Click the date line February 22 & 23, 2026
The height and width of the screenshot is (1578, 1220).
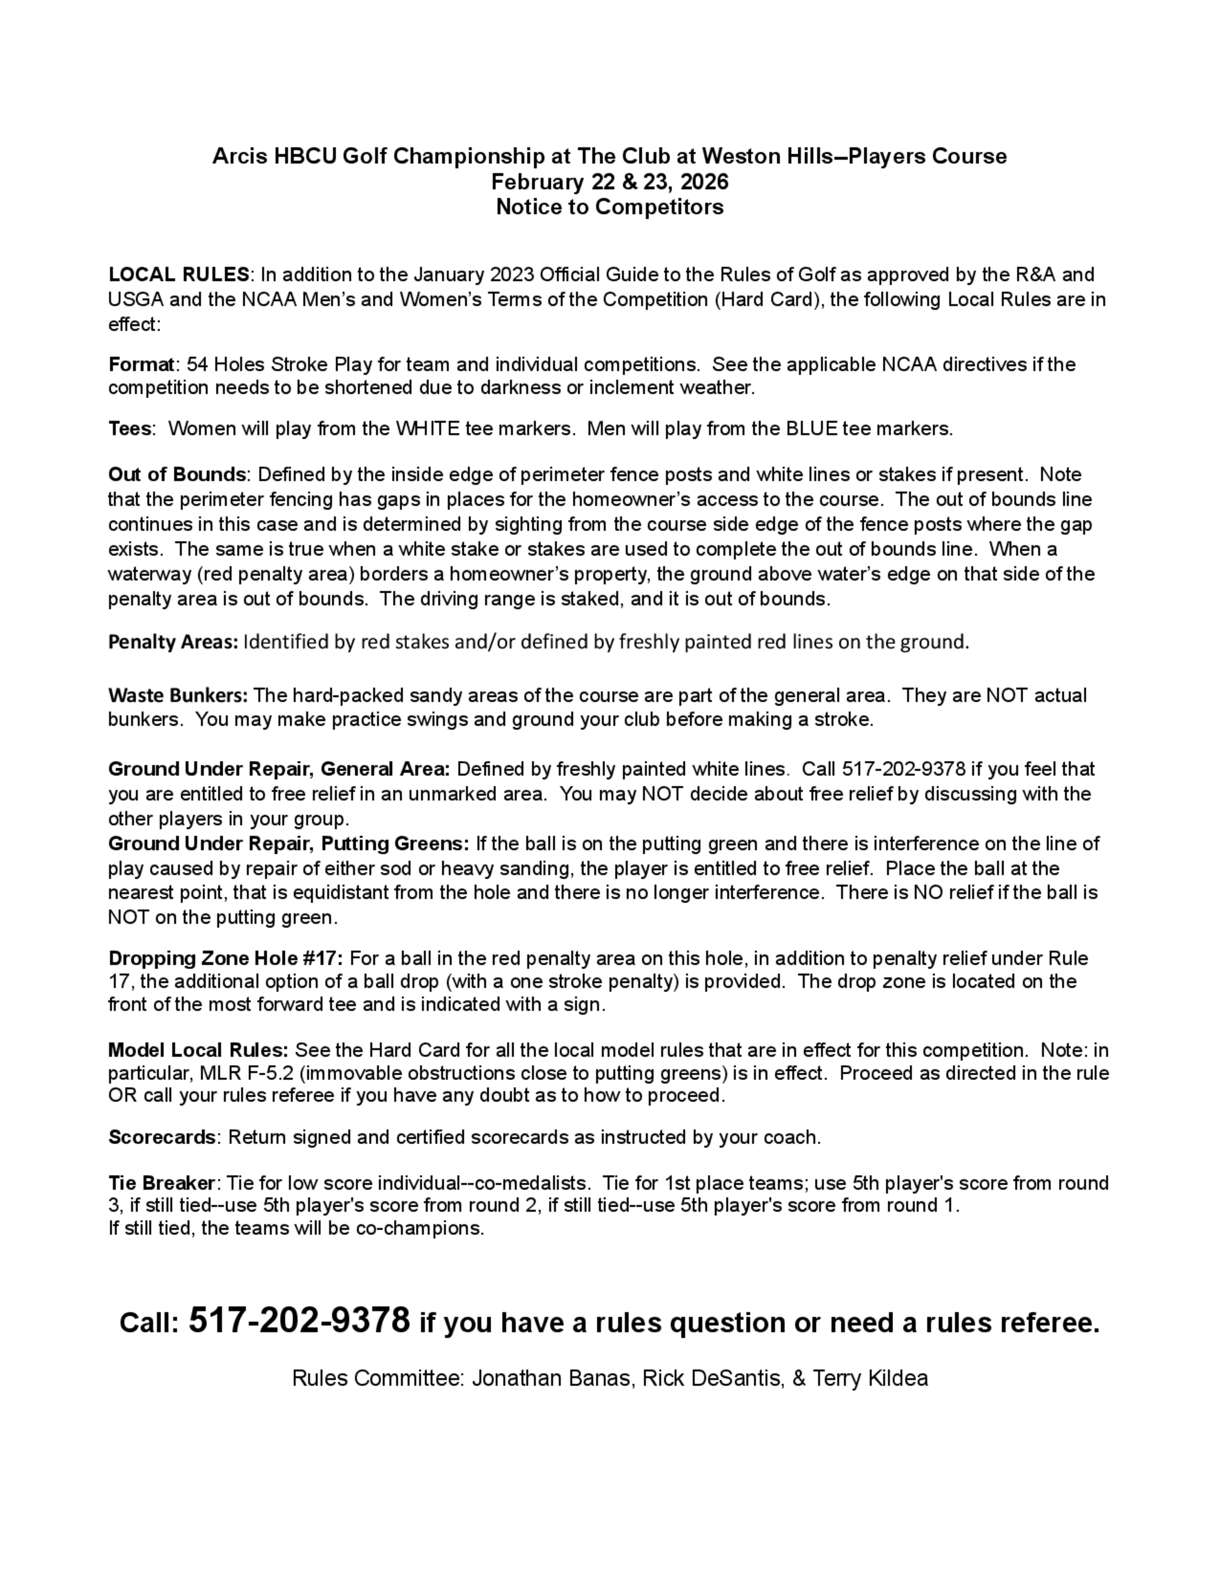[609, 181]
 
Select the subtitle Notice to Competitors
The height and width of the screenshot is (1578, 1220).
[609, 207]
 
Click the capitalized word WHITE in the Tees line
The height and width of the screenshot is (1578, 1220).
[427, 429]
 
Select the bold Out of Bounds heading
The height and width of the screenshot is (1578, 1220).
[177, 475]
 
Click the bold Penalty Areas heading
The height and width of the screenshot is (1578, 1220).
[173, 641]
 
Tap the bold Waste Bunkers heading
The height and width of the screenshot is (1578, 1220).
[178, 695]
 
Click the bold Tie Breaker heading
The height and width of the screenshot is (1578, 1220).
[161, 1183]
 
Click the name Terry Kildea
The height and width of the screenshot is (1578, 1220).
[870, 1379]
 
